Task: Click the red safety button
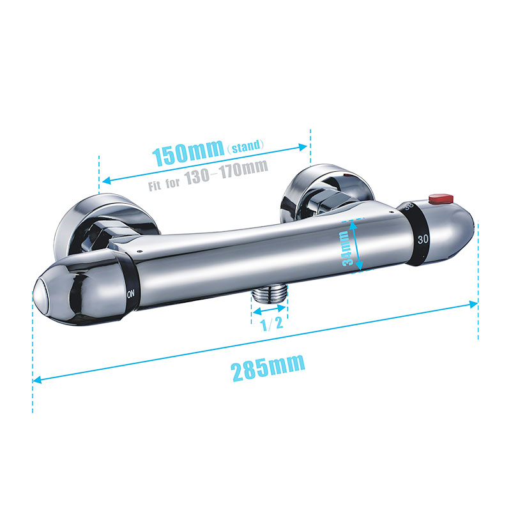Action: pos(441,198)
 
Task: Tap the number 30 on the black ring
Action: pos(423,239)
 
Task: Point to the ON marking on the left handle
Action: pos(130,294)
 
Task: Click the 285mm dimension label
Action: pos(268,368)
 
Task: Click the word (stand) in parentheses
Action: pos(245,146)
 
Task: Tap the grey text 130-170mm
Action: pos(226,172)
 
